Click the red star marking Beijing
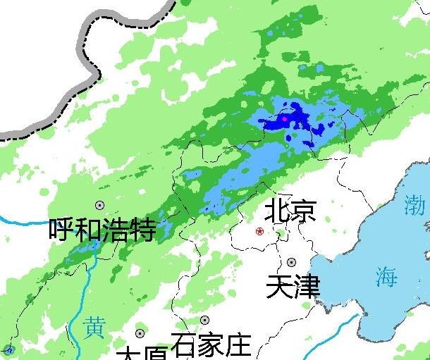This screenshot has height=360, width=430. coord(260,231)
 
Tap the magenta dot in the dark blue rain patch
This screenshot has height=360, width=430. coord(285,119)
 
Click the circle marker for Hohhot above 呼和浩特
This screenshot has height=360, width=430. coord(99,205)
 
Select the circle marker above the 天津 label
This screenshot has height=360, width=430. coord(291,262)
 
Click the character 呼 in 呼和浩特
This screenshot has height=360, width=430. coord(62,230)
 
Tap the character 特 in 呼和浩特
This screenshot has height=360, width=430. coord(142,230)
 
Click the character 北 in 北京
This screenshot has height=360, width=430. coord(276,211)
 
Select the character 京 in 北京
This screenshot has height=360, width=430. coord(303,211)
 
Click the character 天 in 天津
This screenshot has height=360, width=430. coord(280,286)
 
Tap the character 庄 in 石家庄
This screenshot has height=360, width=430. coord(238,345)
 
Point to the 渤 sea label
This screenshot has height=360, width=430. coord(414,205)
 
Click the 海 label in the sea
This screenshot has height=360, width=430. coord(386,277)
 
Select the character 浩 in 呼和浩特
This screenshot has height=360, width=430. coord(116,230)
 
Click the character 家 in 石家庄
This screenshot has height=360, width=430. coord(210,345)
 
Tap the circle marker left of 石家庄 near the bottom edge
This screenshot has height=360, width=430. coord(140,333)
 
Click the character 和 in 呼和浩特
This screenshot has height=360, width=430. coord(89,230)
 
